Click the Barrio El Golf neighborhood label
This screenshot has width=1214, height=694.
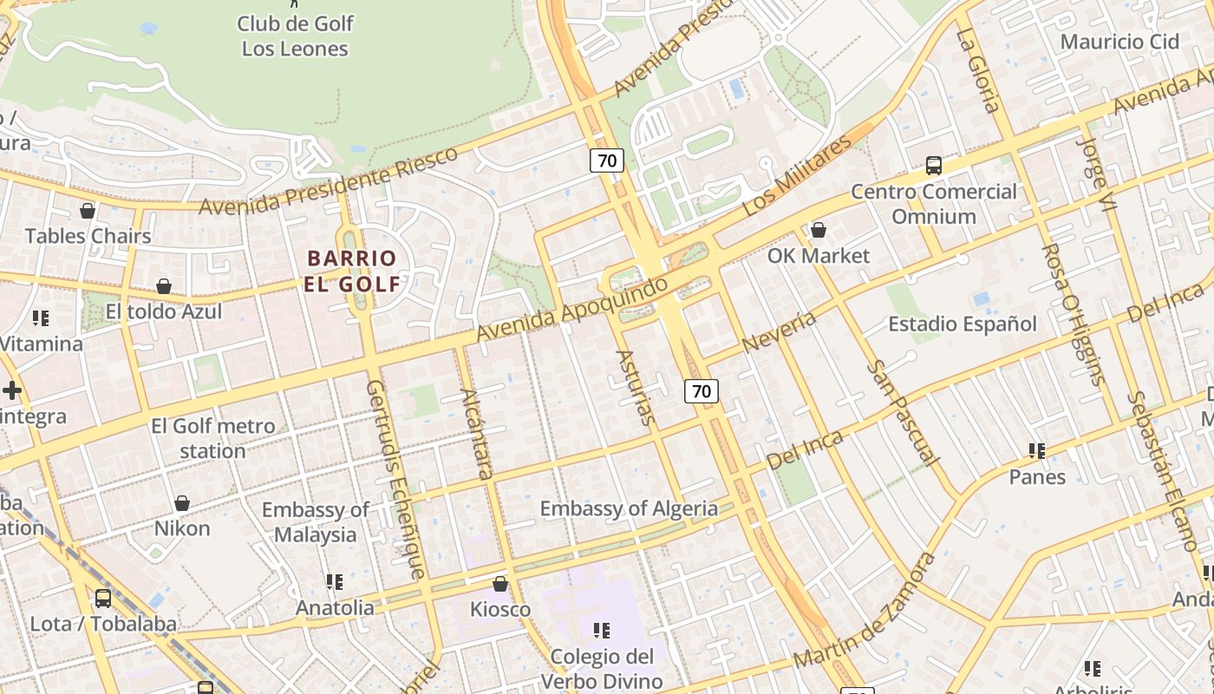point(352,271)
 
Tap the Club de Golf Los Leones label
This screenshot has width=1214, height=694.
point(295,36)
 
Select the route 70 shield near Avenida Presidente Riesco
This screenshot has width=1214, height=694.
point(607,160)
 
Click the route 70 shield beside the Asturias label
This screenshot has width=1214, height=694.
point(701,390)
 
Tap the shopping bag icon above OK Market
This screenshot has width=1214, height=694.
point(818,230)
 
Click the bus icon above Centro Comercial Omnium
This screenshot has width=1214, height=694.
point(934,165)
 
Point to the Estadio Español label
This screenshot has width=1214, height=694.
point(962,324)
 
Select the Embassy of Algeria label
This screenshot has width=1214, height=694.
point(629,508)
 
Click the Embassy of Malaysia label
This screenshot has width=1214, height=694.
point(315,521)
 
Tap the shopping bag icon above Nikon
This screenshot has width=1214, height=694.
point(182,503)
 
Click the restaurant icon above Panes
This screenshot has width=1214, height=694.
point(1036,451)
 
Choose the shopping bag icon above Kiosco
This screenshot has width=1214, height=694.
point(499,584)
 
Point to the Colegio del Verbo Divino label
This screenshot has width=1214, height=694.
point(602,668)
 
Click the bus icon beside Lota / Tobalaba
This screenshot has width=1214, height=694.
point(102,598)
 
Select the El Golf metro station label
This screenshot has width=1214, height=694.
point(212,438)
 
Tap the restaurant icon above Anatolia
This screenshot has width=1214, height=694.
point(335,581)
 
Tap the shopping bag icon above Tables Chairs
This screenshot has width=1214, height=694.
point(87,210)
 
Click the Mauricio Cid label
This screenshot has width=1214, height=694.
point(1119,41)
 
